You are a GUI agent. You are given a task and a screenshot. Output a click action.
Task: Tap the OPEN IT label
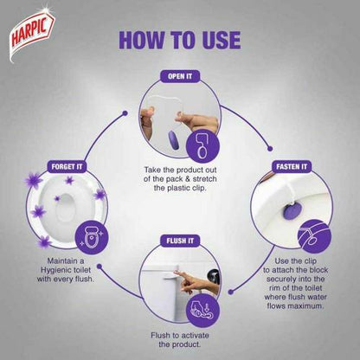(180, 76)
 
